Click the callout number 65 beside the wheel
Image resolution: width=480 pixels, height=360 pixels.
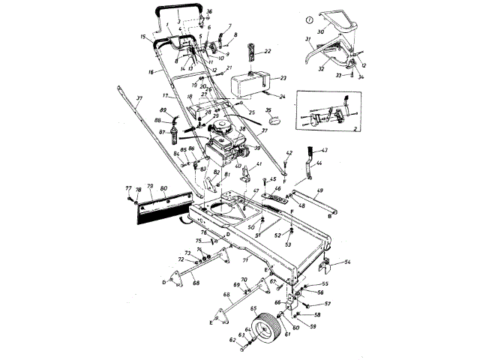pos(254,308)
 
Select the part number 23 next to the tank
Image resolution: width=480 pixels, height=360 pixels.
pos(283,77)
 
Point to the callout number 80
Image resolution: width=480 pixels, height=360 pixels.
pos(163,187)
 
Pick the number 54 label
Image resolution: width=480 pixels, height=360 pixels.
pos(347,263)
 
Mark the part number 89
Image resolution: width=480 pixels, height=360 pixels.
pos(163,110)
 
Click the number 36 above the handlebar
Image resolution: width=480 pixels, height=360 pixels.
pos(209,10)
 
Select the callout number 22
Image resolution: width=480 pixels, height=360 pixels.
pos(268,50)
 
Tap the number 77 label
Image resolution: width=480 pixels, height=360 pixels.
pos(127,187)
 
